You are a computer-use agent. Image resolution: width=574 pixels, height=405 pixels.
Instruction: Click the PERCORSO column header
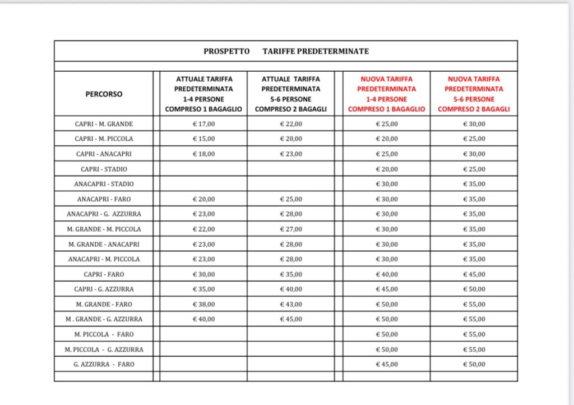pyautogui.click(x=104, y=94)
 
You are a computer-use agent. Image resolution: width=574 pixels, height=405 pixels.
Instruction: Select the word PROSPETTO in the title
pyautogui.click(x=227, y=51)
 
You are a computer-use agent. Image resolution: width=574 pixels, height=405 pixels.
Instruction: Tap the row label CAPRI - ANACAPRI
pyautogui.click(x=104, y=154)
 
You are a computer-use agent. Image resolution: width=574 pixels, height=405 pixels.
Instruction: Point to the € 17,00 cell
pyautogui.click(x=203, y=123)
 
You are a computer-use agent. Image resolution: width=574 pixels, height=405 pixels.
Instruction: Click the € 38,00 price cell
pyautogui.click(x=203, y=304)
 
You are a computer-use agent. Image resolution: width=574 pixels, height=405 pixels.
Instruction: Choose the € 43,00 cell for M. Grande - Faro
pyautogui.click(x=291, y=304)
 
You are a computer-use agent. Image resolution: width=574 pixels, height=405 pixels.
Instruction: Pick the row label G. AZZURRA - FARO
pyautogui.click(x=104, y=364)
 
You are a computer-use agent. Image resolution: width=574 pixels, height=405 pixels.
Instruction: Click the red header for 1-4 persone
pyautogui.click(x=387, y=94)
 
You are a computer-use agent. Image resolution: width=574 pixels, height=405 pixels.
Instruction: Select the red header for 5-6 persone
pyautogui.click(x=474, y=94)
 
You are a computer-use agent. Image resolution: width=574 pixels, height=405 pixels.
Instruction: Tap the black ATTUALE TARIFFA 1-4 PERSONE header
pyautogui.click(x=203, y=94)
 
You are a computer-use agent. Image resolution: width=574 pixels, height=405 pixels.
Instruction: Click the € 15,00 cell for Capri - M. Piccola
pyautogui.click(x=203, y=139)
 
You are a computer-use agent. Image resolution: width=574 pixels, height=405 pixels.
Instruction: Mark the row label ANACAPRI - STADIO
pyautogui.click(x=104, y=184)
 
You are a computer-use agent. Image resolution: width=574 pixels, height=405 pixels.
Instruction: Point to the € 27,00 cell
pyautogui.click(x=291, y=229)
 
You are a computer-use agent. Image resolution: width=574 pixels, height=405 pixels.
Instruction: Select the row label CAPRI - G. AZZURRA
pyautogui.click(x=104, y=289)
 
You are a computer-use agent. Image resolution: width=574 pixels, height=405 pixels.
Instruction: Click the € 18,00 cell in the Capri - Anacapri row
pyautogui.click(x=203, y=154)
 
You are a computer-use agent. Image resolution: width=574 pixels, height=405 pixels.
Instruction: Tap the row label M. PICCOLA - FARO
pyautogui.click(x=104, y=334)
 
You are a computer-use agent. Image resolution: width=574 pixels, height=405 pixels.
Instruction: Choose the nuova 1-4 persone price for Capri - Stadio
pyautogui.click(x=387, y=169)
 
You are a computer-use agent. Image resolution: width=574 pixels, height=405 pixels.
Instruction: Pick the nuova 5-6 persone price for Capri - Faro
pyautogui.click(x=474, y=274)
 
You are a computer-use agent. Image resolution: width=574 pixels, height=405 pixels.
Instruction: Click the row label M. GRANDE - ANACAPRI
pyautogui.click(x=104, y=244)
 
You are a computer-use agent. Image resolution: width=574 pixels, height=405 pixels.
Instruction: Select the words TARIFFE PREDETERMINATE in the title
pyautogui.click(x=316, y=51)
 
